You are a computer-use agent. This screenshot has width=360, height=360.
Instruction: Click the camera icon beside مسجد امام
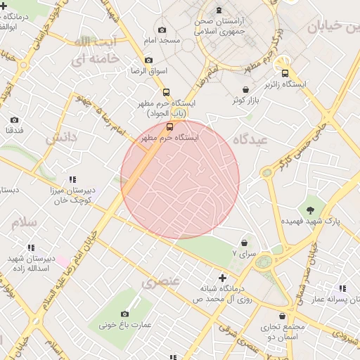(x=162, y=30)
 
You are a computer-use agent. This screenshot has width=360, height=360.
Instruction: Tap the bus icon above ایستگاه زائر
(x=285, y=73)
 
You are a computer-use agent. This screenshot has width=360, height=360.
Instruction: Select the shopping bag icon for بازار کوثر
(x=245, y=90)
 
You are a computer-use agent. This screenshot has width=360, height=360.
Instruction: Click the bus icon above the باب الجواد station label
(x=166, y=92)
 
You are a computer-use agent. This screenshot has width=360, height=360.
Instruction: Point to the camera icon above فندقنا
(x=15, y=120)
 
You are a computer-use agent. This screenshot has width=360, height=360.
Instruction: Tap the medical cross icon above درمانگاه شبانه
(x=224, y=278)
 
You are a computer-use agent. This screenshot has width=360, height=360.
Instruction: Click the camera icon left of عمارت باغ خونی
(x=124, y=314)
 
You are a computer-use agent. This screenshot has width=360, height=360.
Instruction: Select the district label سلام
(x=23, y=222)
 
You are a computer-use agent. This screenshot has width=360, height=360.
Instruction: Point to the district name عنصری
(x=162, y=283)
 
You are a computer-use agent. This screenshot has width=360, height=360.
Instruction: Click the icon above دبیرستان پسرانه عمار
(x=342, y=288)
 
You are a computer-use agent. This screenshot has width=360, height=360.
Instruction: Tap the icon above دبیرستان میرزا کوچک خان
(x=74, y=180)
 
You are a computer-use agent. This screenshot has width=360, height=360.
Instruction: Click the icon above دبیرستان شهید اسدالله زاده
(x=30, y=248)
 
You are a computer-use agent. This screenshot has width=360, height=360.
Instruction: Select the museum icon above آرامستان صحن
(x=220, y=11)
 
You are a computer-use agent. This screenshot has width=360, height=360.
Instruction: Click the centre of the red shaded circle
(x=180, y=179)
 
